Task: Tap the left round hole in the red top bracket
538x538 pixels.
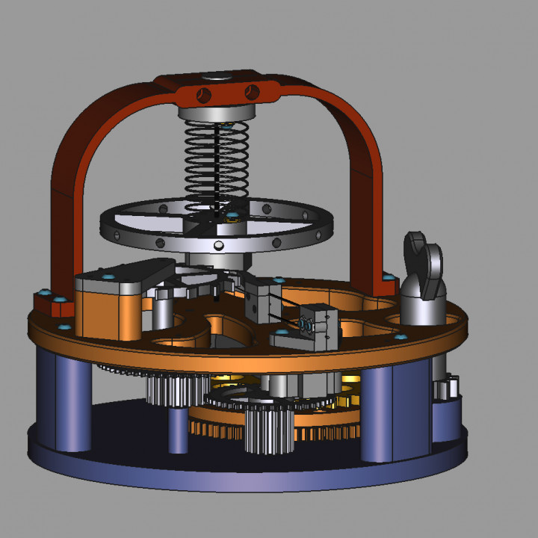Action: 202,94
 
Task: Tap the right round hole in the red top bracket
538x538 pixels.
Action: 253,92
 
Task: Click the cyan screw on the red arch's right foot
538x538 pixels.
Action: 388,277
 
